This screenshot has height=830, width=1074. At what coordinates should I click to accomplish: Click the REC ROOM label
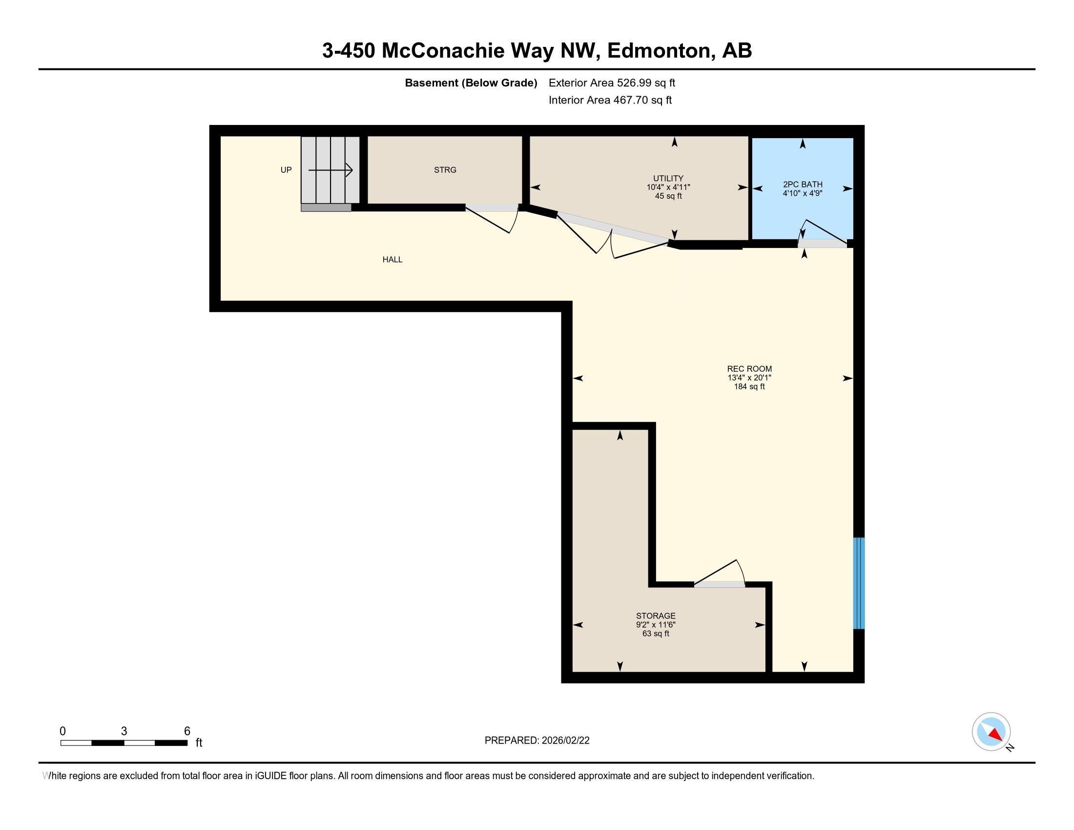coord(749,369)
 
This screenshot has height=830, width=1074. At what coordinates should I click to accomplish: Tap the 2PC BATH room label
coord(803,185)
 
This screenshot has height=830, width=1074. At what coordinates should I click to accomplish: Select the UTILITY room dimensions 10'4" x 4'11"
coord(668,187)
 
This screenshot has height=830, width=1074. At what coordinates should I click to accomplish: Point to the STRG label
coord(445,170)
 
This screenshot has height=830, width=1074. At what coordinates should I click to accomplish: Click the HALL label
coord(392,260)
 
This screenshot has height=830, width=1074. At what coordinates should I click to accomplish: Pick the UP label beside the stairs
coord(286,170)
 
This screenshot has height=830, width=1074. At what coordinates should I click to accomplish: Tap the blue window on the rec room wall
coord(858,583)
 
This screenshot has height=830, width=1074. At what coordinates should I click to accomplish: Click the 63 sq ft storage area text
coord(656,634)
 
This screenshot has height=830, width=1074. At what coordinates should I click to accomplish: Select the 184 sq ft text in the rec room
coord(749,387)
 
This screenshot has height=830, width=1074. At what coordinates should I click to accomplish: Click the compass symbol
coord(991,732)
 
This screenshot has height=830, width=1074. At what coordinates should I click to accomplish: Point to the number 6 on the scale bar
coord(187,731)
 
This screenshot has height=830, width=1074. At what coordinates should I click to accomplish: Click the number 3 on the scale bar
coord(124,731)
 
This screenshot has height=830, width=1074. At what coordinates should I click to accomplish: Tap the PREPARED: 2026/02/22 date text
coord(537,741)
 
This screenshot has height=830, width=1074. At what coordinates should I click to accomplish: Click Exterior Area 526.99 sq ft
coord(612,83)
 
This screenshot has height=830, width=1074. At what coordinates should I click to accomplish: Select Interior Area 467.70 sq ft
coord(610,100)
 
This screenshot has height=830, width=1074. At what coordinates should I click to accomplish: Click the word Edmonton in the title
coord(661,51)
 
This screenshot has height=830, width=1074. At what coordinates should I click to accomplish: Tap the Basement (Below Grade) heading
coord(471,83)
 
